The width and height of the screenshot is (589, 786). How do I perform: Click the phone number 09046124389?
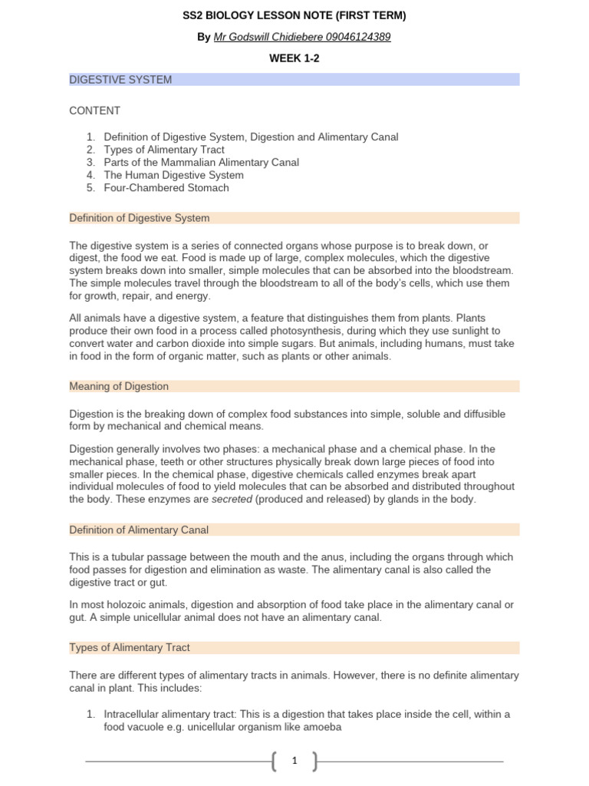pyautogui.click(x=357, y=37)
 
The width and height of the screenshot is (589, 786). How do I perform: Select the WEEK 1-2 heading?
pyautogui.click(x=294, y=58)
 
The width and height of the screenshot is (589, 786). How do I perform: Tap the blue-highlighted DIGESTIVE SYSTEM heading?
pyautogui.click(x=120, y=79)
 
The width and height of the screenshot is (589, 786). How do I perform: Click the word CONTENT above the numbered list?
pyautogui.click(x=94, y=111)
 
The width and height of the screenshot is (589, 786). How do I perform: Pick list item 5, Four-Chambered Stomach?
pyautogui.click(x=166, y=187)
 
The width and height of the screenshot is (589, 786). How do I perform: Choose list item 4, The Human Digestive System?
pyautogui.click(x=174, y=175)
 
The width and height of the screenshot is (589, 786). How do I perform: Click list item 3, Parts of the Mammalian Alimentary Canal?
pyautogui.click(x=201, y=163)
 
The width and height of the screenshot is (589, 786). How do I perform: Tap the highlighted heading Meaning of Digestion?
pyautogui.click(x=119, y=386)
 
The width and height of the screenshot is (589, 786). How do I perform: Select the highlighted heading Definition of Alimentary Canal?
pyautogui.click(x=139, y=530)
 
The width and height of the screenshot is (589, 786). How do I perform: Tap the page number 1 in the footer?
pyautogui.click(x=294, y=761)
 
